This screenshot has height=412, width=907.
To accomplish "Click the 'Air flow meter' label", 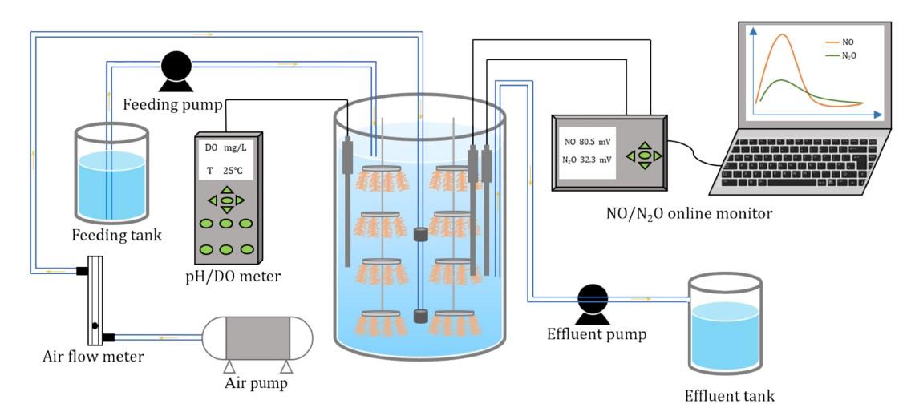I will [93, 356].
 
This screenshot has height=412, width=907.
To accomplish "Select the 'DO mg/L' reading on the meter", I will [227, 147].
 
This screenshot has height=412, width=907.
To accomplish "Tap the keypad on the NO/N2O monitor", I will [644, 155].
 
